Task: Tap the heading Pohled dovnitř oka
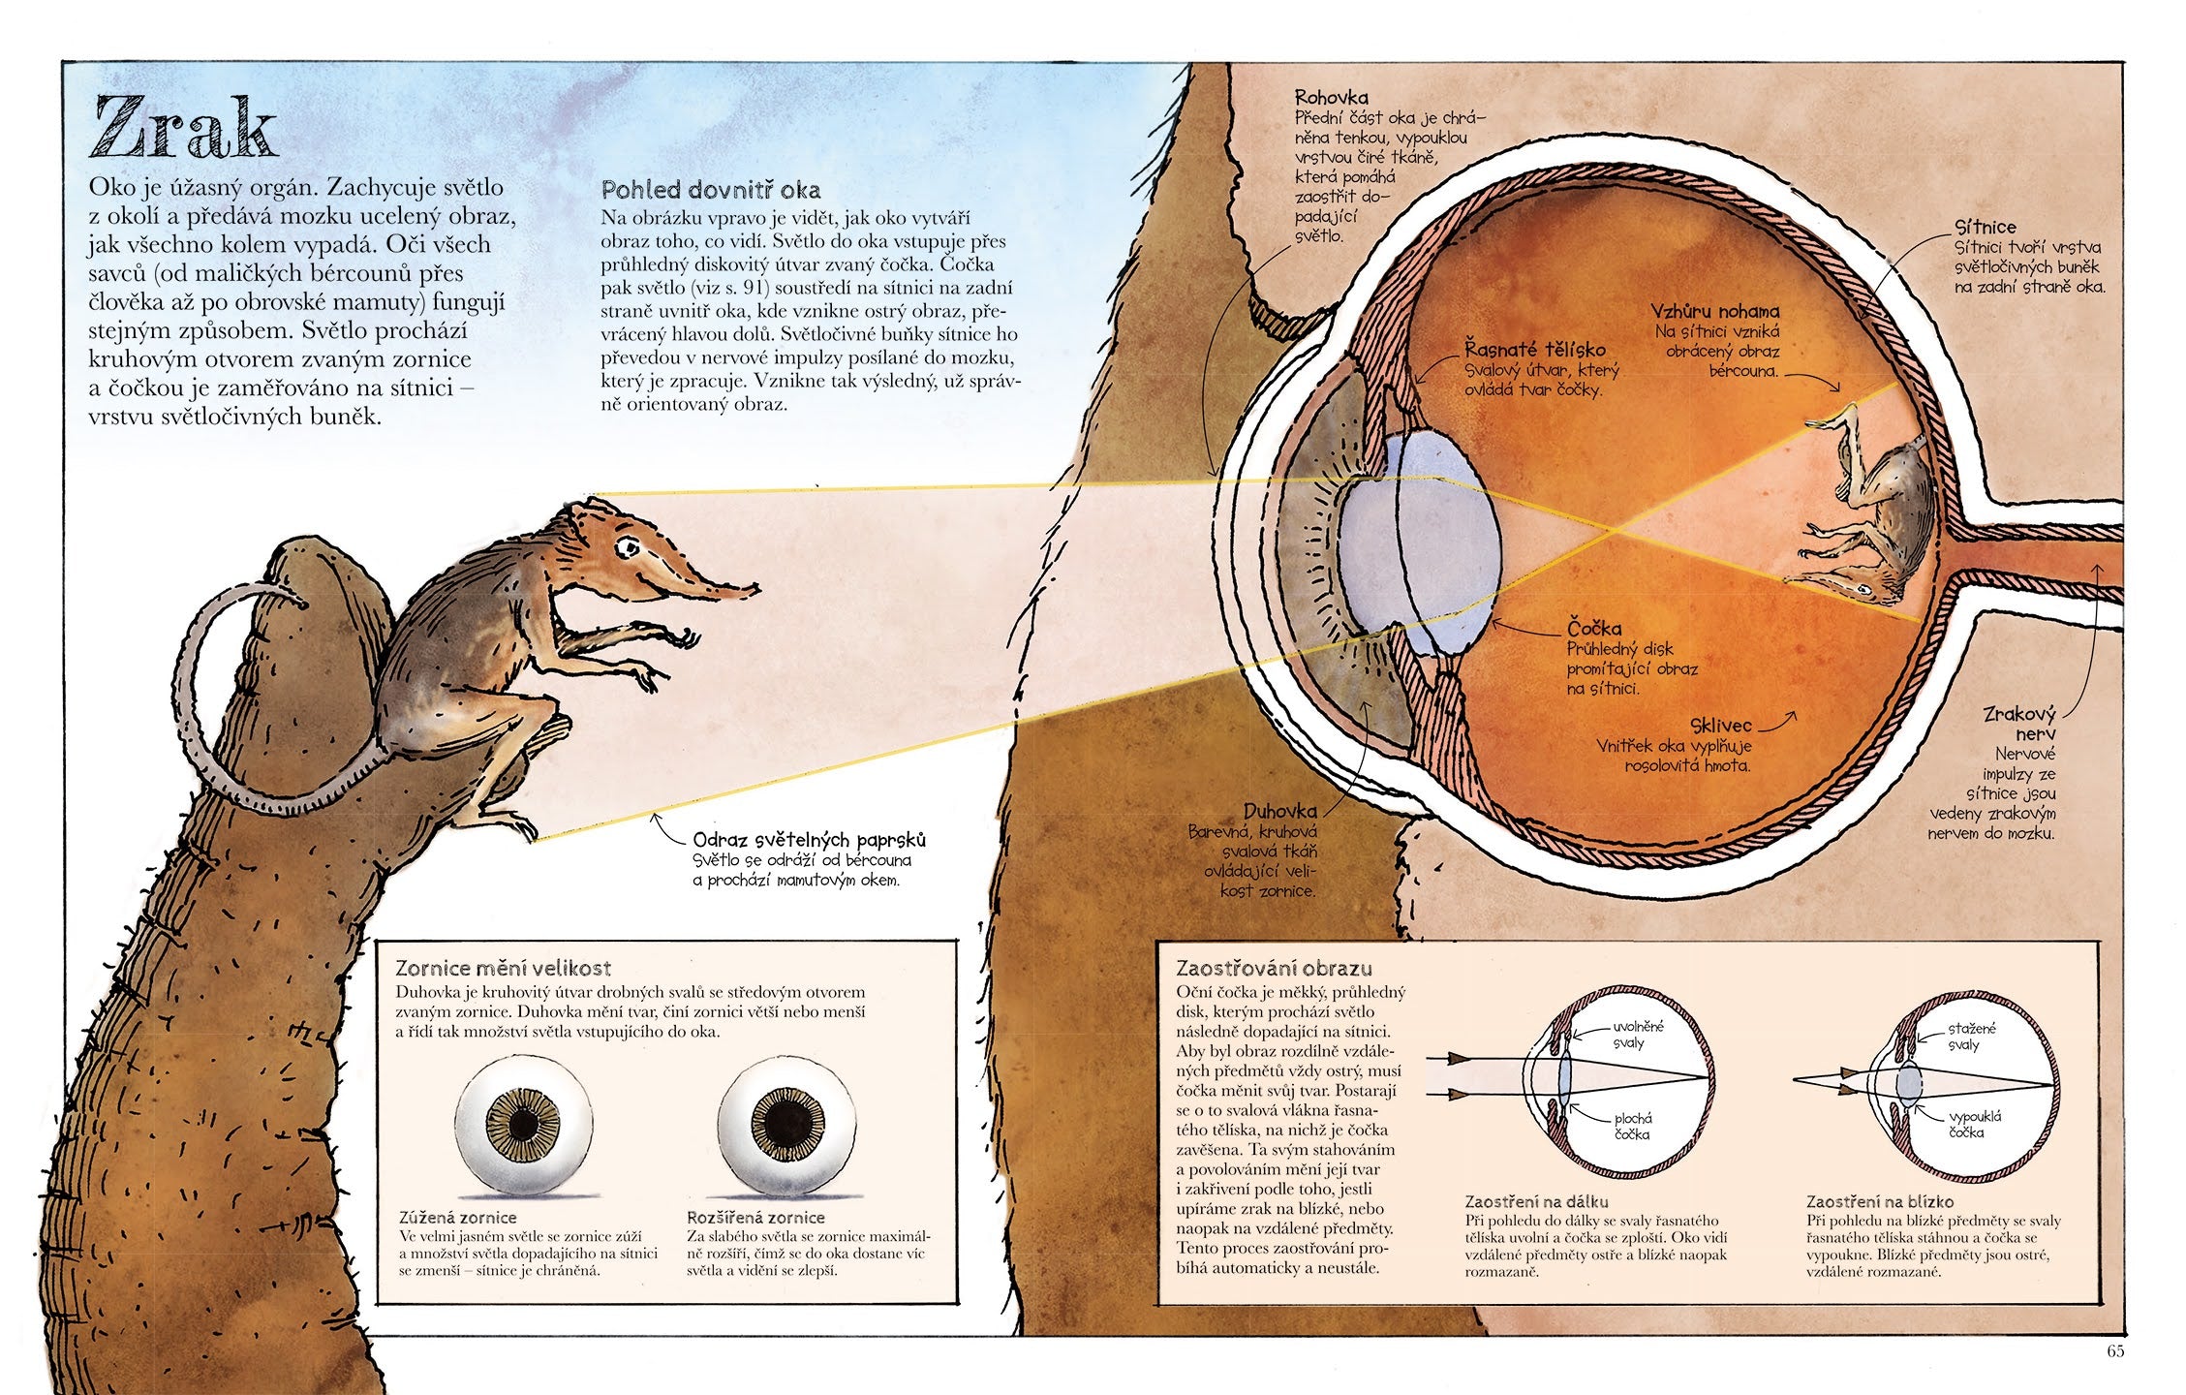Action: pyautogui.click(x=711, y=189)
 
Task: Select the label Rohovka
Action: pyautogui.click(x=1331, y=97)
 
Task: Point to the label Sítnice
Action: pyautogui.click(x=1985, y=227)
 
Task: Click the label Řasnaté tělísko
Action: pyautogui.click(x=1534, y=350)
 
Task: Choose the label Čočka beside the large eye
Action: pyautogui.click(x=1594, y=628)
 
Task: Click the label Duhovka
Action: pyautogui.click(x=1280, y=811)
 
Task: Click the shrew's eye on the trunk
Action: pyautogui.click(x=631, y=547)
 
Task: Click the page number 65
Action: pyautogui.click(x=2114, y=1351)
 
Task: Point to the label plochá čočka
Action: pyautogui.click(x=1632, y=1126)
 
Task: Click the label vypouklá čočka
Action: pyautogui.click(x=1966, y=1124)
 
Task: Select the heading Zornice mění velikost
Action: pyautogui.click(x=503, y=968)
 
